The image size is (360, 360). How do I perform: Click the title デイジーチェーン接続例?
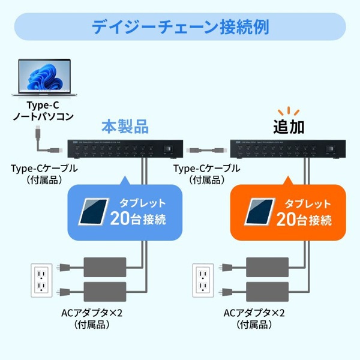coord(180,27)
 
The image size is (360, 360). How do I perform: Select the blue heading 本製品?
coord(124,127)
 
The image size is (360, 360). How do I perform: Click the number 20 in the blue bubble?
coord(121,218)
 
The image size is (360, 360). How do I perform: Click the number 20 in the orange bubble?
coord(288,218)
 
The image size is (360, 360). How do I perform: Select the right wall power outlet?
coord(204,281)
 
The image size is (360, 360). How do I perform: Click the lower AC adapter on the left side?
coord(106,292)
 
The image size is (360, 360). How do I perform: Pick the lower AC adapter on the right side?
coord(268,292)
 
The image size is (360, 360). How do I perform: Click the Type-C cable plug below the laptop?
coord(38,131)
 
